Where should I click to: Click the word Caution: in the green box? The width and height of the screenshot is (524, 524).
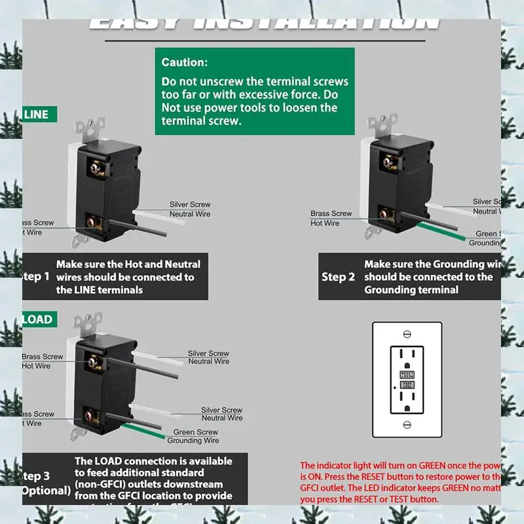185,63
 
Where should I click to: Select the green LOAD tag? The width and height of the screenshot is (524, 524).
38,320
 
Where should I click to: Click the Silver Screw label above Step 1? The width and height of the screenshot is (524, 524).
190,205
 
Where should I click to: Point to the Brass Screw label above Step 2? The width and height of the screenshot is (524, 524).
331,214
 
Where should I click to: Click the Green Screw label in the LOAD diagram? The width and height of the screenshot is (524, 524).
196,432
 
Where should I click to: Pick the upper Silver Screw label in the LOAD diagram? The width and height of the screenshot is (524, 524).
208,354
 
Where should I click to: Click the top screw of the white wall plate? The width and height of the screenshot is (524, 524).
407,334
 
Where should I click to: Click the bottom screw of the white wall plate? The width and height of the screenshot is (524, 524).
407,425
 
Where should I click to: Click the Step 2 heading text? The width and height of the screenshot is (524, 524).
338,277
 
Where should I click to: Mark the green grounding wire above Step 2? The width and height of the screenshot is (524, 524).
445,232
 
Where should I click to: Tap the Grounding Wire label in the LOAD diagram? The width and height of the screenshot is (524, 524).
193,441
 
